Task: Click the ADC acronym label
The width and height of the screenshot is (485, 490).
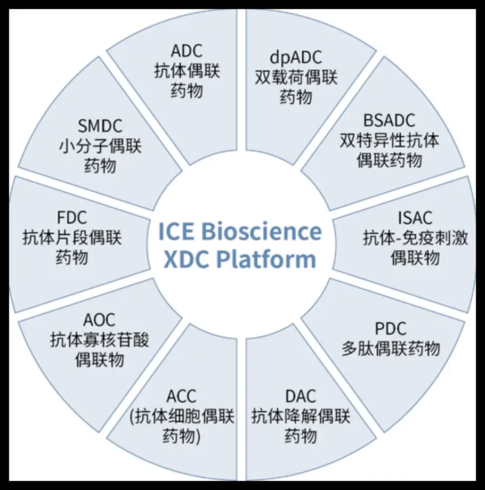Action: pos(187,52)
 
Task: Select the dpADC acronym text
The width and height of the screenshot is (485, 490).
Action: pos(296,58)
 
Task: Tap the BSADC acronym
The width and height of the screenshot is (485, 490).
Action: pos(389,121)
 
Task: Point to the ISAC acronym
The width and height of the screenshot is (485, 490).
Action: pos(415,218)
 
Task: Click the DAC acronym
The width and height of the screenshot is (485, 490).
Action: pos(301,396)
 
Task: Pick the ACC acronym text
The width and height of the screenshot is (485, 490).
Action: pos(181,397)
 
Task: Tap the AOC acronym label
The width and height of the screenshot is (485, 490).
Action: pos(99,320)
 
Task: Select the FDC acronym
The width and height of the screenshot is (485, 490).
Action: pos(71,218)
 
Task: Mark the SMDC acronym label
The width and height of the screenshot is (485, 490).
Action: pos(100,126)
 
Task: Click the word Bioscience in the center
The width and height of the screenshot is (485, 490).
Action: pos(261,232)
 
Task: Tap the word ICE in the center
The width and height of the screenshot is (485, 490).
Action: pos(176,232)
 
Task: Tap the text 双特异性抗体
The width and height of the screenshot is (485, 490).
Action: pos(390,141)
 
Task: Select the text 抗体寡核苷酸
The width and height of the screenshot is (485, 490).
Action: pos(100,339)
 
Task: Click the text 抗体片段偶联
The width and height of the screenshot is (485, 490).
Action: pos(72,238)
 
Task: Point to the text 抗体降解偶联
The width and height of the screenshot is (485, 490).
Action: pos(301,416)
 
